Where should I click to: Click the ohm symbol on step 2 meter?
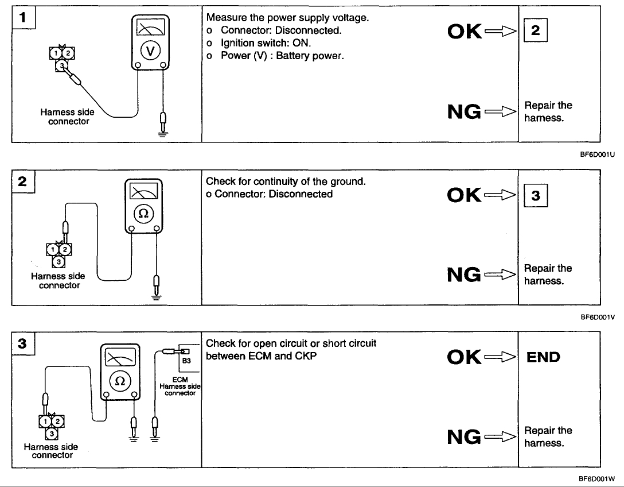[x=143, y=214]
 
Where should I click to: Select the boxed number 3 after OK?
[x=535, y=195]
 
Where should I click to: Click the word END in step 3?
[x=544, y=357]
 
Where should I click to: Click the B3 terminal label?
[x=186, y=362]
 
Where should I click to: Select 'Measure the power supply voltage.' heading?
[x=287, y=18]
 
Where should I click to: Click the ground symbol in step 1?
[x=163, y=133]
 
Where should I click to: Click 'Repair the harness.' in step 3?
[x=548, y=436]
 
